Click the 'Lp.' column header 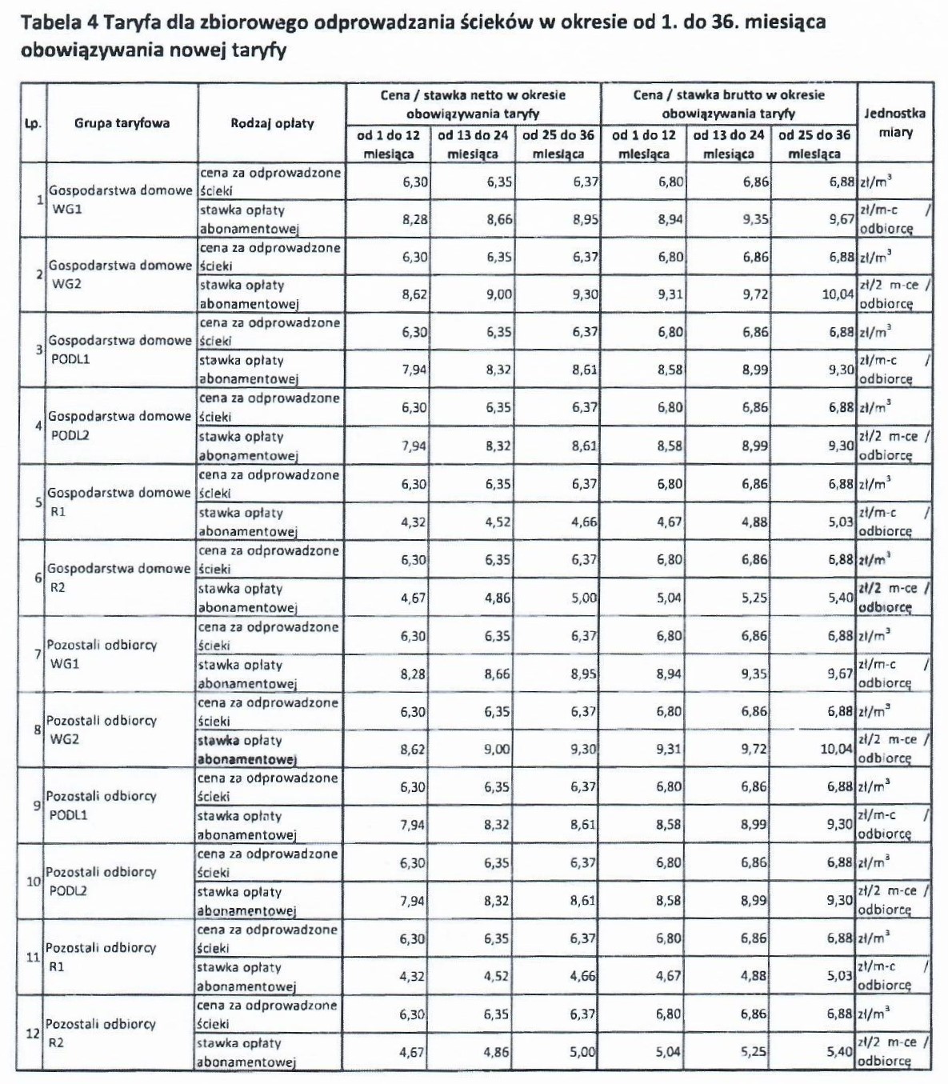pos(32,124)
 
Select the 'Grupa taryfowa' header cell pos(122,123)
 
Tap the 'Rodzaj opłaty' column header pos(272,123)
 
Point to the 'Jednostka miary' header pos(894,122)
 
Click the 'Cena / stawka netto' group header pos(473,104)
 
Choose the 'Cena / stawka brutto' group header pos(728,104)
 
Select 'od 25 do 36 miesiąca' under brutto pos(814,144)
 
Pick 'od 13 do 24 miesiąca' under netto pos(473,144)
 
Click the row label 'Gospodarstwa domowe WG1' pos(120,200)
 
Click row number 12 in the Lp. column pos(33,1033)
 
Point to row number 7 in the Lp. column pos(37,654)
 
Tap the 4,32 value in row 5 pos(413,522)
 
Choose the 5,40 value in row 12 pos(840,1052)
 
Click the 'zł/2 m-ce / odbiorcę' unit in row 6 pos(894,598)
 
